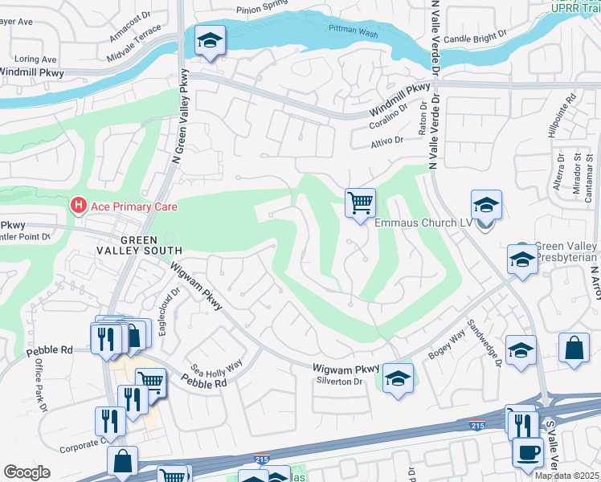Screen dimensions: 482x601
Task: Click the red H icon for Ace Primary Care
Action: (x=79, y=206)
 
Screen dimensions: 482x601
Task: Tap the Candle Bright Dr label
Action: (x=476, y=38)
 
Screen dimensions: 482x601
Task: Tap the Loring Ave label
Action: (x=36, y=59)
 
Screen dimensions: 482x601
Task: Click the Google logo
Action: (x=27, y=472)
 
